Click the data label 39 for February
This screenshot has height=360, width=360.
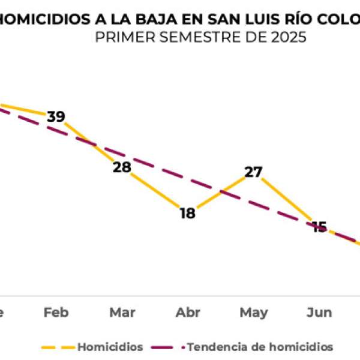point(56,116)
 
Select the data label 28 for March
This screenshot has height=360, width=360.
point(122,167)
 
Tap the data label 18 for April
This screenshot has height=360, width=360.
point(188,213)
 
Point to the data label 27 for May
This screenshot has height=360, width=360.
point(254,172)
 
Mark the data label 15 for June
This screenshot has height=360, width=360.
point(319,227)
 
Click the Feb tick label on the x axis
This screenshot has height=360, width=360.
point(56,313)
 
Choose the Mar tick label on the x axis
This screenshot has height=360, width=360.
point(122,313)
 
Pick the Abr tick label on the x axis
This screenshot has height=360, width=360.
point(188,313)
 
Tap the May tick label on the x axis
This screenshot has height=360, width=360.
point(254,313)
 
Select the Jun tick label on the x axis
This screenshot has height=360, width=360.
point(319,313)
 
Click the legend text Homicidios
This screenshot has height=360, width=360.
point(110,347)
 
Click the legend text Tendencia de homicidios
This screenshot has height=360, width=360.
point(260,347)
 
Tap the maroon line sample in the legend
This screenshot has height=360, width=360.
point(168,347)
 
